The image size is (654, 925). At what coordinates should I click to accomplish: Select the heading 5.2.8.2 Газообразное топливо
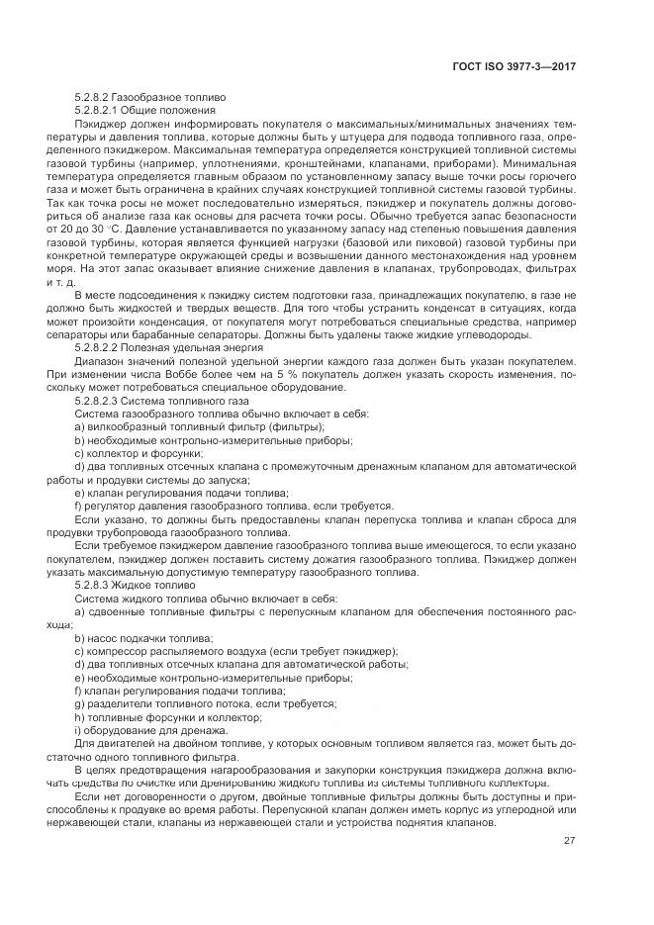click(150, 98)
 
